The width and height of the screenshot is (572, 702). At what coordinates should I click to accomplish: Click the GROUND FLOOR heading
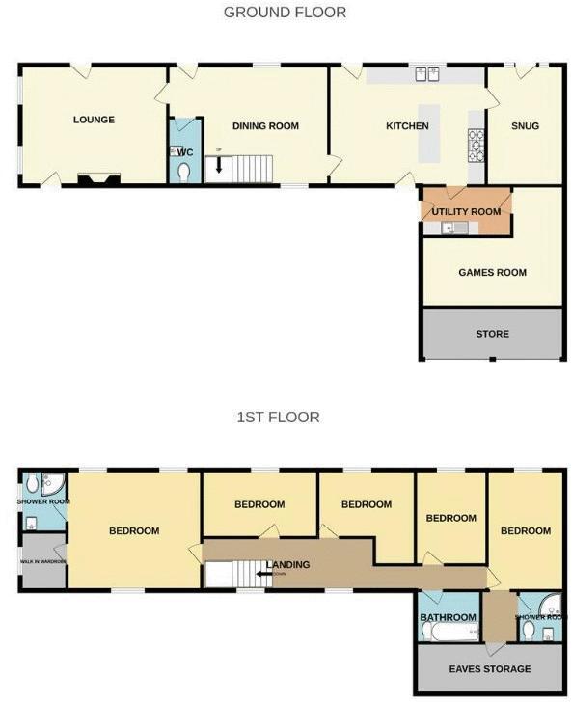[x=285, y=13]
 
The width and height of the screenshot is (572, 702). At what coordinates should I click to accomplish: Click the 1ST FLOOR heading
[x=278, y=418]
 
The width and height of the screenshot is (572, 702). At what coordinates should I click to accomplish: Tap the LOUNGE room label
[x=94, y=121]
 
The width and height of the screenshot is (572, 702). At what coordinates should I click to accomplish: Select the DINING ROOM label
[x=265, y=126]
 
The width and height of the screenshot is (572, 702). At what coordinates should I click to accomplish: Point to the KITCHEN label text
[x=407, y=126]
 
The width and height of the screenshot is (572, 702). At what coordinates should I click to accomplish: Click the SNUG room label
[x=525, y=126]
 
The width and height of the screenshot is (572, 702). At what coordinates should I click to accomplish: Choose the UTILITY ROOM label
[x=466, y=212]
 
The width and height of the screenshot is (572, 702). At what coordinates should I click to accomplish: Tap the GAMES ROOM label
[x=492, y=273]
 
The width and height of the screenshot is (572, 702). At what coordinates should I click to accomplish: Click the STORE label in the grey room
[x=492, y=335]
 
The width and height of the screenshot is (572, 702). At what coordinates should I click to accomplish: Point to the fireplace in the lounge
[x=99, y=178]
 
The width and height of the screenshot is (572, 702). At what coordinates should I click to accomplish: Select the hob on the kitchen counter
[x=476, y=145]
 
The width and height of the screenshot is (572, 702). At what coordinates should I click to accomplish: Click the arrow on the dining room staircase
[x=219, y=165]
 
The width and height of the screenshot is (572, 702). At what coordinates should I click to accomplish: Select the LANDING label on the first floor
[x=287, y=565]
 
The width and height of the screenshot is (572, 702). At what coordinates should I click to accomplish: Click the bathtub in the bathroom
[x=450, y=633]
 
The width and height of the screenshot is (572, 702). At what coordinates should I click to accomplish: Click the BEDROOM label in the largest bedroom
[x=133, y=531]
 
